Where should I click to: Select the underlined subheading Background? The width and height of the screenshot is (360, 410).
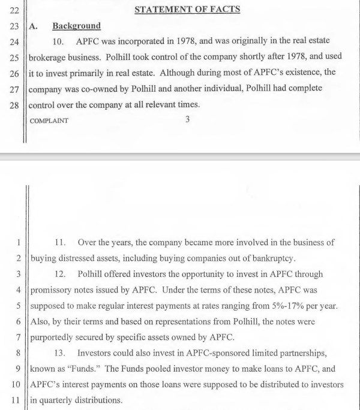pos(76,26)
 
